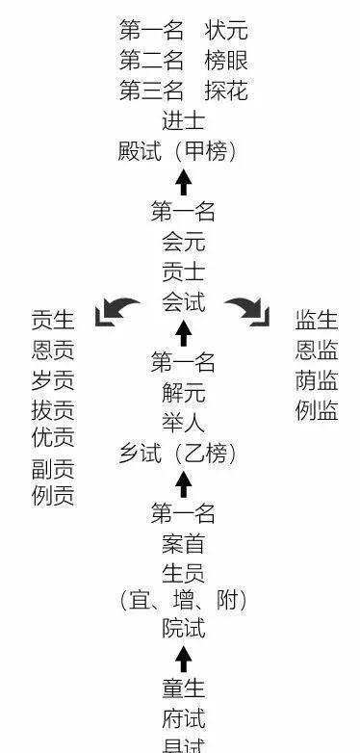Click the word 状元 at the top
point(226,30)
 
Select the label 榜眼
point(226,61)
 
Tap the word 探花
point(226,91)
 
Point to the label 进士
point(183,122)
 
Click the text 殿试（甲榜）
point(183,152)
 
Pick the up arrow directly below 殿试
point(184,181)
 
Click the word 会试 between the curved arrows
point(183,302)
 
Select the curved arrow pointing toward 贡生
point(116,311)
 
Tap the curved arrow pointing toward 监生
point(248,311)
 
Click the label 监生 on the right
point(317,319)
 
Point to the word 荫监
point(317,380)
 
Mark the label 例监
point(317,411)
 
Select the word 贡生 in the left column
point(53,319)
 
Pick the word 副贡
point(53,470)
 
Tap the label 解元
point(183,393)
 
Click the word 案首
point(183,543)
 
